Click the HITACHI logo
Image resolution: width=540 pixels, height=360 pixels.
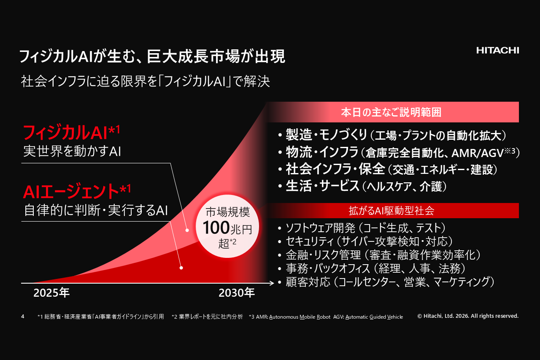[497, 50]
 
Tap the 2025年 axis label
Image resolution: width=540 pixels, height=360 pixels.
[51, 293]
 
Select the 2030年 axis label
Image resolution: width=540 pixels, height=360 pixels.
[237, 293]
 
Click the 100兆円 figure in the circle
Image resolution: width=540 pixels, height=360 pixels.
[227, 228]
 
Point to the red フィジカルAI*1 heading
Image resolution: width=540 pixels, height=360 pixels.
[71, 133]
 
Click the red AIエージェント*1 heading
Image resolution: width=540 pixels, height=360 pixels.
[77, 191]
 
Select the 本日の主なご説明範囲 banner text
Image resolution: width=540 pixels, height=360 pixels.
[391, 112]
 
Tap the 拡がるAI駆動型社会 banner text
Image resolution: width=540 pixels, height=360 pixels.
[391, 211]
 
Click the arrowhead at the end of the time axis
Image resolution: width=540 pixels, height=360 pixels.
[272, 283]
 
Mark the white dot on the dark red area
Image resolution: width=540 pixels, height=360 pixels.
[181, 268]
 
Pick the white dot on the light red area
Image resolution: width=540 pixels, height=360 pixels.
[187, 230]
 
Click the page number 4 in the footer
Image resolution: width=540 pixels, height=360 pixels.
[23, 317]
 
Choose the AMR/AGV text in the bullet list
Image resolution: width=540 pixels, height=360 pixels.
[477, 153]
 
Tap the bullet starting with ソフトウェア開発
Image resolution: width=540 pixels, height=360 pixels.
[362, 228]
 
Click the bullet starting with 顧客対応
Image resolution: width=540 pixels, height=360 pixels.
[386, 282]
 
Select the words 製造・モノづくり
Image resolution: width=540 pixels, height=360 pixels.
[327, 135]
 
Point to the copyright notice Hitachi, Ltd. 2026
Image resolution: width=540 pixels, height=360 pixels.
[468, 316]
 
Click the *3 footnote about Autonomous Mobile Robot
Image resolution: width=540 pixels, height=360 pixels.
[326, 317]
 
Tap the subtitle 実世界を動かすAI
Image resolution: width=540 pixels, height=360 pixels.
[72, 152]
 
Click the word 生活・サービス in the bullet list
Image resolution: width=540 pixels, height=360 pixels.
[322, 186]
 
